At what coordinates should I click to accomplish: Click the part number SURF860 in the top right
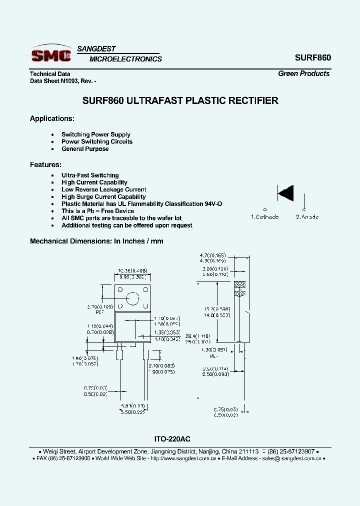click(x=312, y=57)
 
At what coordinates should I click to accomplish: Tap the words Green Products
click(x=303, y=73)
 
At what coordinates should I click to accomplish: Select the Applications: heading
click(x=52, y=118)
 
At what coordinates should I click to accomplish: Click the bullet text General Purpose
click(x=85, y=149)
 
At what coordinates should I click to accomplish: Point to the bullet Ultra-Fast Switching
click(x=90, y=175)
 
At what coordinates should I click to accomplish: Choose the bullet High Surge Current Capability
click(x=103, y=197)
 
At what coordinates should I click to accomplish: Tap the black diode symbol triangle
click(x=286, y=192)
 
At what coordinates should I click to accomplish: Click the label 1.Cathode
click(x=264, y=217)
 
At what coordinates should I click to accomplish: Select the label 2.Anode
click(x=307, y=217)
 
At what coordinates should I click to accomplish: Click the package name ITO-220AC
click(x=172, y=439)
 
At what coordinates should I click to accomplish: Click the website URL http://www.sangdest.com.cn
click(x=183, y=458)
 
